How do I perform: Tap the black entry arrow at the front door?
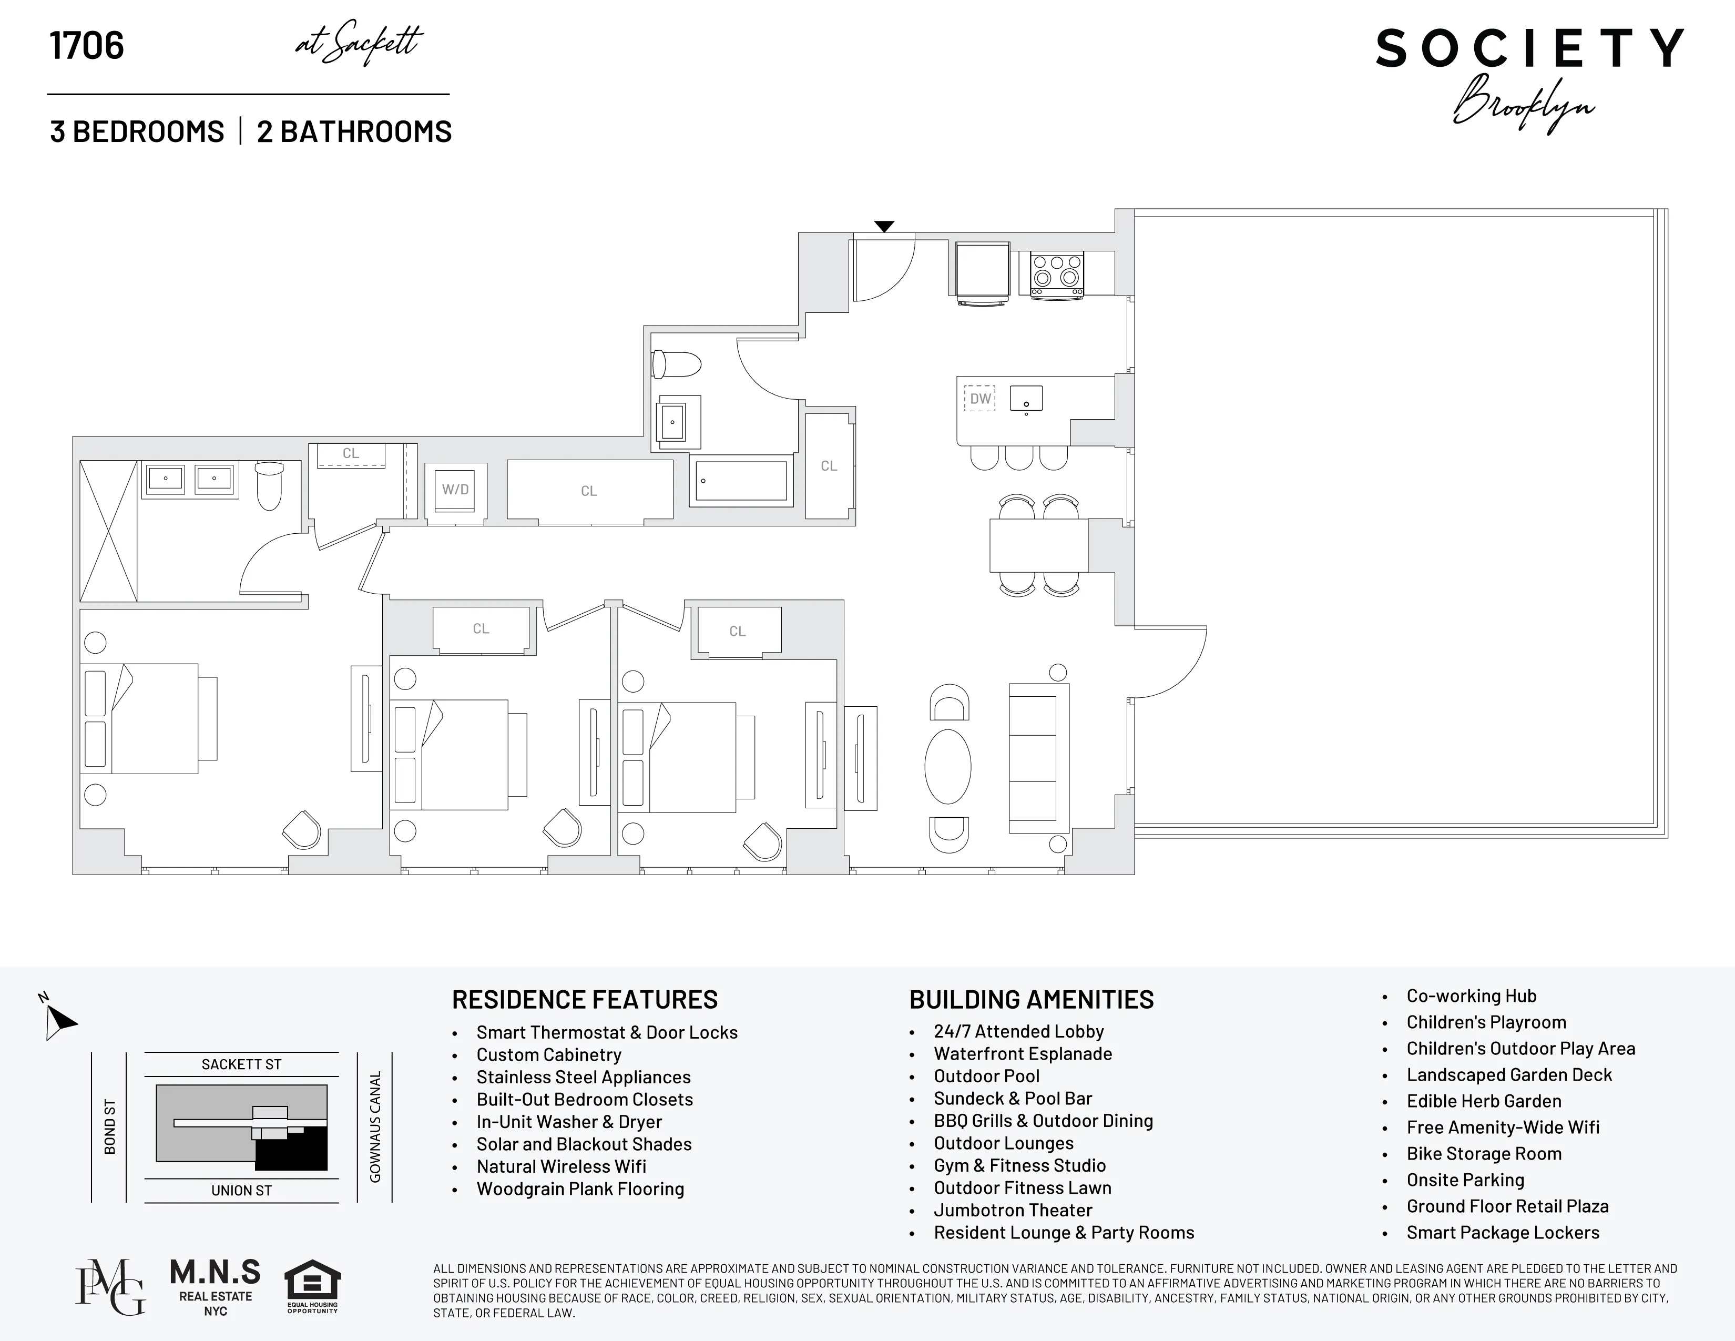(x=884, y=227)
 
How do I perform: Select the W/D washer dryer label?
(x=455, y=490)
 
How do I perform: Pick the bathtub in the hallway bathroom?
(x=740, y=481)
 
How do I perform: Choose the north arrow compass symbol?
(x=59, y=1019)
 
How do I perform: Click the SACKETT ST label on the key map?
(x=241, y=1064)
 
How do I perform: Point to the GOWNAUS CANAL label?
(x=375, y=1126)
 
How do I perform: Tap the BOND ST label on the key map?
(x=110, y=1126)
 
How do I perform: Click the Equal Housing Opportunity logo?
(x=312, y=1285)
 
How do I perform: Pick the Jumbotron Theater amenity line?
(x=1013, y=1210)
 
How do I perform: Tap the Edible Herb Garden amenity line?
(x=1483, y=1101)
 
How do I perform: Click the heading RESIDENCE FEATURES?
(x=585, y=999)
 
